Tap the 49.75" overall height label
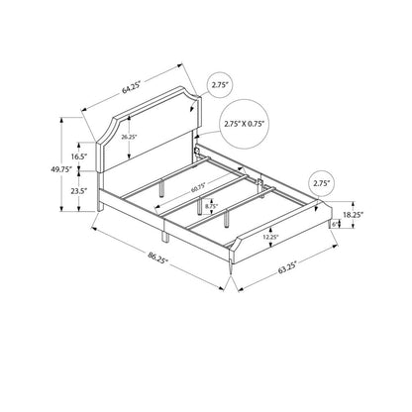[x=61, y=169]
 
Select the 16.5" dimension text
[x=78, y=156]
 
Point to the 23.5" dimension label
[x=78, y=190]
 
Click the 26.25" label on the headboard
[x=129, y=137]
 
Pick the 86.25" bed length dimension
[x=158, y=257]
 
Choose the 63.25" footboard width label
[x=287, y=267]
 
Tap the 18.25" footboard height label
[x=353, y=215]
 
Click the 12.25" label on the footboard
[x=271, y=237]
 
